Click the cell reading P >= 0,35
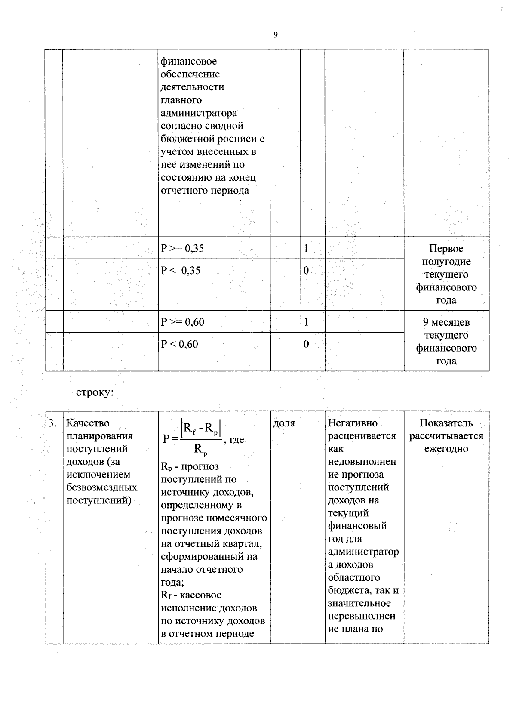(182, 249)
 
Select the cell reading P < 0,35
(181, 271)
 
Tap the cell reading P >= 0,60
(182, 322)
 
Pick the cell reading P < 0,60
(179, 344)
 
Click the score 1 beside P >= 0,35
(306, 249)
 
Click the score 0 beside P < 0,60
(306, 344)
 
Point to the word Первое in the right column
(446, 249)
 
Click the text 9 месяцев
(446, 322)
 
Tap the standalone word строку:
(95, 393)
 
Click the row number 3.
(52, 423)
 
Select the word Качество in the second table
(88, 423)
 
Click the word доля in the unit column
(284, 423)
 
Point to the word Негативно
(353, 423)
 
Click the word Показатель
(446, 423)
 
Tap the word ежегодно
(446, 449)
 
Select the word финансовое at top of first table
(189, 62)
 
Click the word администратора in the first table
(199, 113)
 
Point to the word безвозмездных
(102, 488)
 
